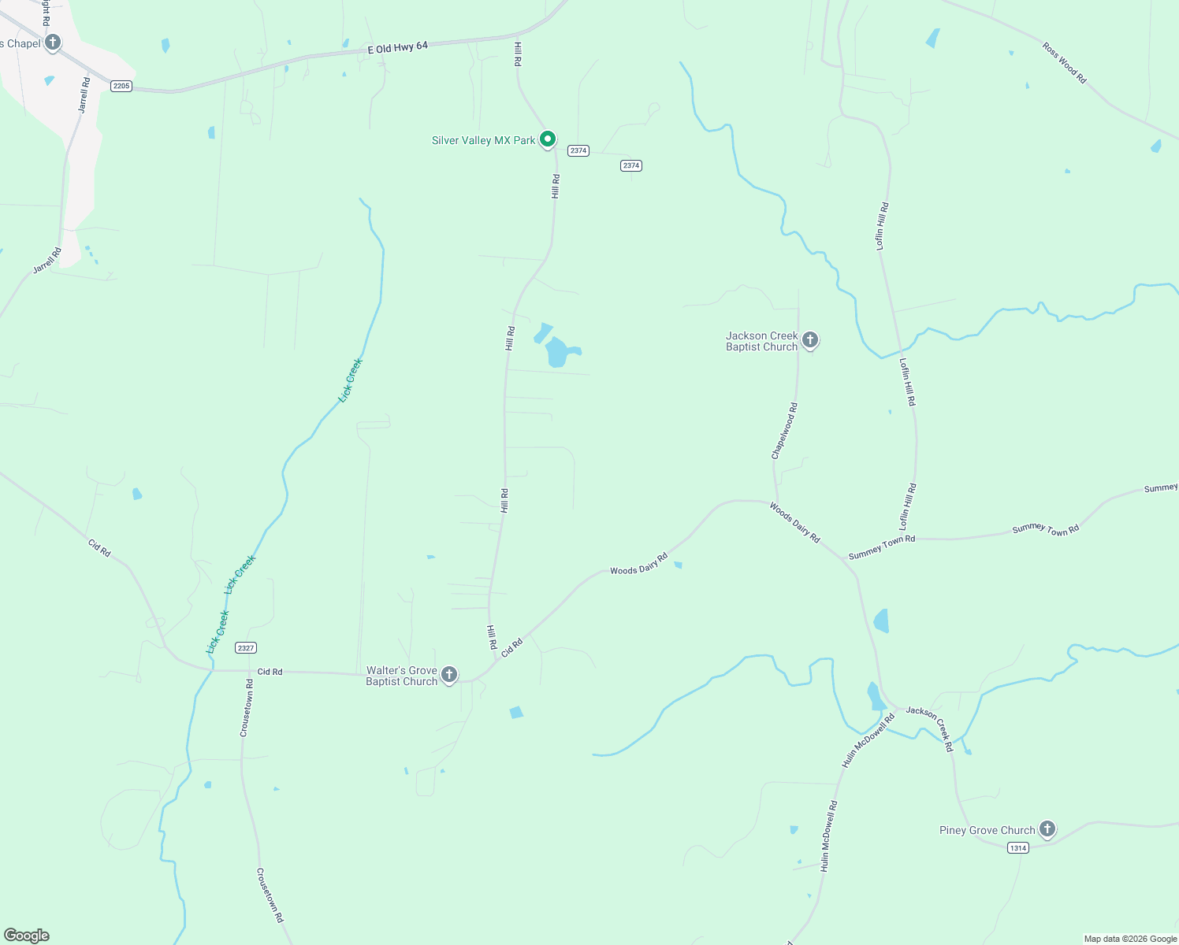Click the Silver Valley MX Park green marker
[x=548, y=139]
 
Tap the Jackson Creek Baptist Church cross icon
[x=810, y=340]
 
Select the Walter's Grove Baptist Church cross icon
[x=449, y=674]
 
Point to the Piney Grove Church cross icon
[x=1047, y=828]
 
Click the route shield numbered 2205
[x=121, y=86]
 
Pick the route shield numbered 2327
[x=246, y=648]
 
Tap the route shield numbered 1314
[x=1018, y=847]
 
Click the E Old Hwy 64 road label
[x=398, y=48]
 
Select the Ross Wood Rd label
[x=1064, y=62]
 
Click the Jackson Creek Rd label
[x=930, y=728]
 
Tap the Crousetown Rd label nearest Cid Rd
[x=247, y=708]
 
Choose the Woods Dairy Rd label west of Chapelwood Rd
[x=638, y=564]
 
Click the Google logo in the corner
[x=27, y=935]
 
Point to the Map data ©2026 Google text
[x=1130, y=939]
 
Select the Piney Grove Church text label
[x=987, y=830]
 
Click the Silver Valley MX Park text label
[x=483, y=140]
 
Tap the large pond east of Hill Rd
[x=558, y=352]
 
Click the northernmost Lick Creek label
[x=351, y=380]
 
